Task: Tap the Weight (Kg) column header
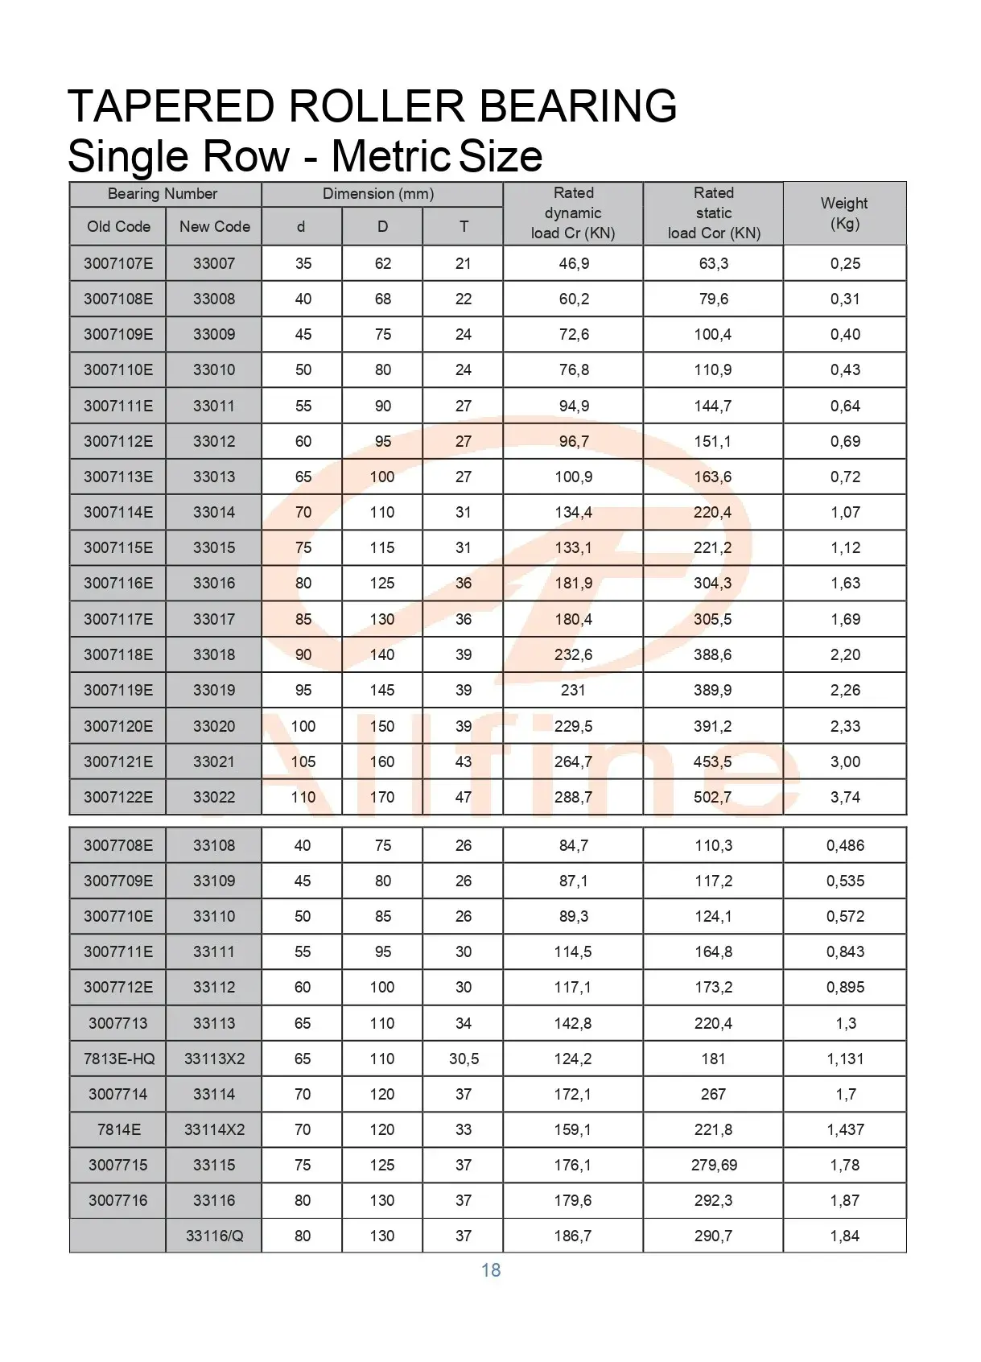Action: [844, 213]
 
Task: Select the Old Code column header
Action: [118, 227]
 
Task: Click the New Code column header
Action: [214, 227]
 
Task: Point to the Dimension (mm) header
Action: [378, 194]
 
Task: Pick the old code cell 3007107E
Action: [118, 263]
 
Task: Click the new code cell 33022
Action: [214, 797]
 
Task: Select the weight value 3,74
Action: [845, 797]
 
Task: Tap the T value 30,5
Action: [464, 1059]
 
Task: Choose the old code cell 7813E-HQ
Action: [119, 1059]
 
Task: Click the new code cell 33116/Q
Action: [214, 1236]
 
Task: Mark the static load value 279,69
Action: [714, 1165]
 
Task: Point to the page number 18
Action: [491, 1270]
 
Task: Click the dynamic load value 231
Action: [573, 690]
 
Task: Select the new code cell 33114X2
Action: [214, 1129]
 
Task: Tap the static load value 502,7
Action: [713, 797]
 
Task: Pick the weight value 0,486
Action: [845, 845]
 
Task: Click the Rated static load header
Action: [714, 213]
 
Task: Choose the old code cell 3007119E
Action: [118, 690]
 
